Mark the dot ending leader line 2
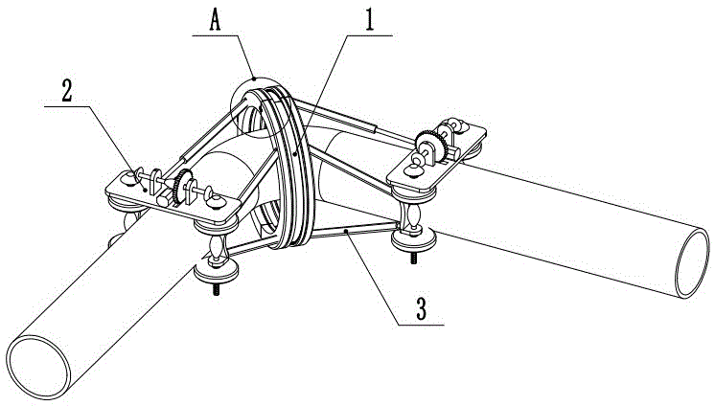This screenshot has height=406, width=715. click(x=145, y=190)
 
